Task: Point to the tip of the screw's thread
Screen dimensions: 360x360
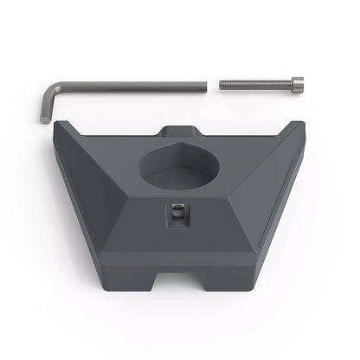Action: click(x=222, y=84)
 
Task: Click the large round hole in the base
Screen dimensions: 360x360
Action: click(x=180, y=164)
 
